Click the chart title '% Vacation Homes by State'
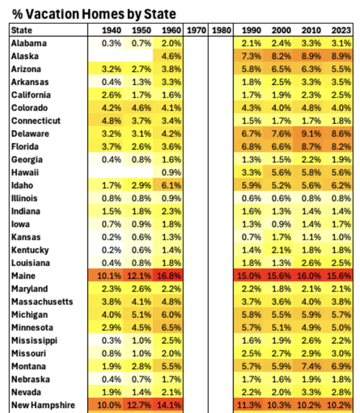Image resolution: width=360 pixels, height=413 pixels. coord(94,14)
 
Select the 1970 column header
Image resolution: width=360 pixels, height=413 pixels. coord(197,30)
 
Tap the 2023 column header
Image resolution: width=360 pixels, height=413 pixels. coord(341,30)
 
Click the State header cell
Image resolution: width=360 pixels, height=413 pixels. coord(22,30)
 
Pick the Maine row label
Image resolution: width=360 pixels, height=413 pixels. coord(23,276)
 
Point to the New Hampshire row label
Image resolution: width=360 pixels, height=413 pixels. coord(43,405)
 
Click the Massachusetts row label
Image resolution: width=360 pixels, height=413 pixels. coord(42,301)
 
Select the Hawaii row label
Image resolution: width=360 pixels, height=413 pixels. coord(25,173)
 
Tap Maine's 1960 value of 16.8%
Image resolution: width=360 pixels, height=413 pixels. coord(169,276)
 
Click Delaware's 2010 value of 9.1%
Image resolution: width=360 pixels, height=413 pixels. coord(311,134)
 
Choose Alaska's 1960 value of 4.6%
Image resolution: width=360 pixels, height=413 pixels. coord(171,56)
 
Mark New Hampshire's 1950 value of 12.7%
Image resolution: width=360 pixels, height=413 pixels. coord(139,405)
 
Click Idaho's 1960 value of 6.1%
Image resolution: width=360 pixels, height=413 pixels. coord(171,186)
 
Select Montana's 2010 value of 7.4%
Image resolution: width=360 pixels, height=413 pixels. coord(311,366)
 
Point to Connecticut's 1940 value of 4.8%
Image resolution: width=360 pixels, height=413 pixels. coord(112,121)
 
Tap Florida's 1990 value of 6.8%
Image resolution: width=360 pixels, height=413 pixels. coord(251,147)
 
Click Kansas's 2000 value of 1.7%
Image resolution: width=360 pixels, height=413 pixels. coord(282,237)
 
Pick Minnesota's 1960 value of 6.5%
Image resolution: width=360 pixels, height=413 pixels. coord(171,327)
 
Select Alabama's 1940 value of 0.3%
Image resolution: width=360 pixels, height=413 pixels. coord(112,43)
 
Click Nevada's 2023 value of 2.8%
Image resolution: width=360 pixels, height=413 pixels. coord(341,392)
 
